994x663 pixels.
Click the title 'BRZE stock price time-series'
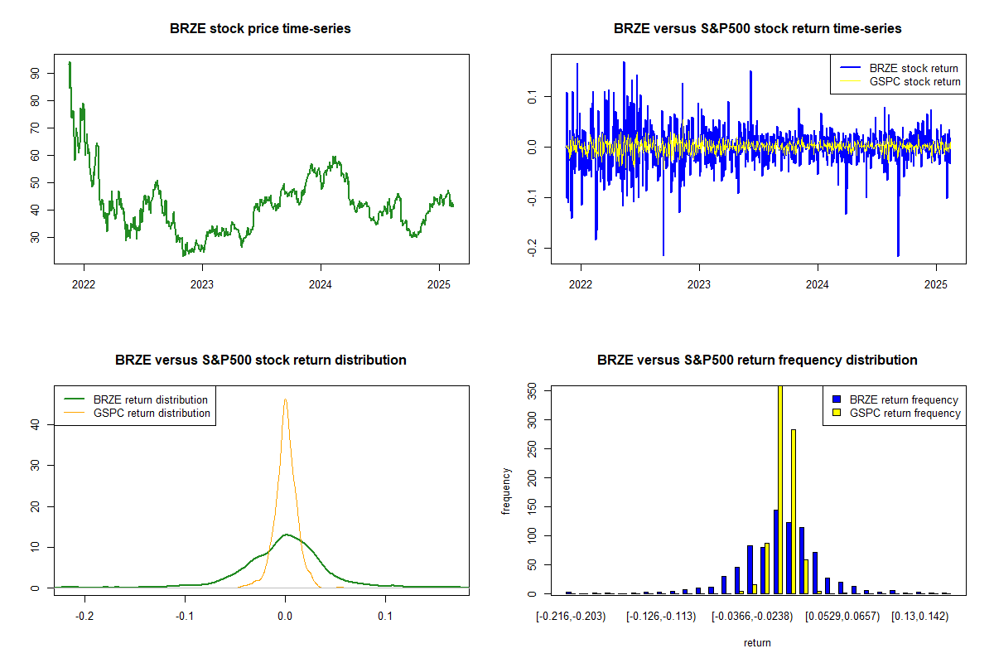pyautogui.click(x=260, y=29)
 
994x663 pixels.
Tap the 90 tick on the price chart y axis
pyautogui.click(x=36, y=73)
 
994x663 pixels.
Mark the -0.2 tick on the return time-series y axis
pyautogui.click(x=533, y=249)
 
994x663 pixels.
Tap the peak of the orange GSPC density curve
pyautogui.click(x=286, y=399)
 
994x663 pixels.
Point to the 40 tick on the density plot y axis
pyautogui.click(x=36, y=424)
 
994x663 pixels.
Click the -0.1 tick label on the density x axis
pyautogui.click(x=186, y=617)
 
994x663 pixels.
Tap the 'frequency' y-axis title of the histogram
pyautogui.click(x=507, y=491)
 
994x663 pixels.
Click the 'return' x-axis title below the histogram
pyautogui.click(x=757, y=642)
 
